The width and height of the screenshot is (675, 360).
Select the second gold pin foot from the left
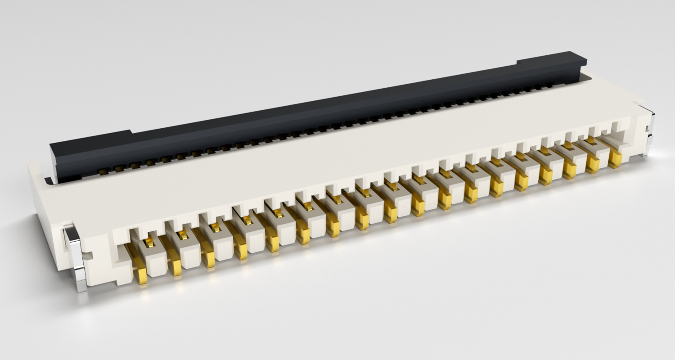(175, 268)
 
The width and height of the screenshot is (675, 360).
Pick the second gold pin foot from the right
(593, 165)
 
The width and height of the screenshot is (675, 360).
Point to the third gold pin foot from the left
(208, 260)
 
